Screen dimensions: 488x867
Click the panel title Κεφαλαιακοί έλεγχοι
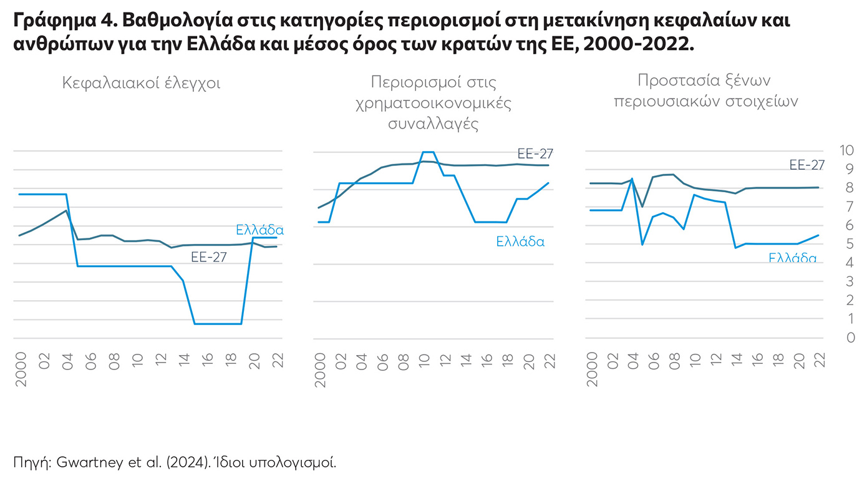pyautogui.click(x=141, y=84)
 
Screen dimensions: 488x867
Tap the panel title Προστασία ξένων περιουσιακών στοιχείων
pyautogui.click(x=705, y=91)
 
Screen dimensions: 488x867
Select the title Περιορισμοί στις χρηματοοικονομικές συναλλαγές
pyautogui.click(x=433, y=102)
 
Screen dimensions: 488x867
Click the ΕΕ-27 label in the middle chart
pyautogui.click(x=535, y=154)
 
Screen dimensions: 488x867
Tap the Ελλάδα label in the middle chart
pyautogui.click(x=520, y=242)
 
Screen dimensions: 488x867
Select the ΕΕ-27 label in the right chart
pyautogui.click(x=807, y=165)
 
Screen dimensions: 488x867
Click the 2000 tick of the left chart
pyautogui.click(x=21, y=369)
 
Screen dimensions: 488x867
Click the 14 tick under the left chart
pyautogui.click(x=185, y=361)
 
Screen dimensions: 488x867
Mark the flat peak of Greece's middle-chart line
pyautogui.click(x=428, y=152)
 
